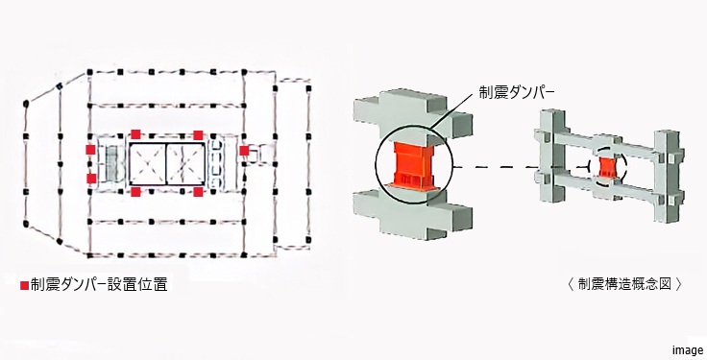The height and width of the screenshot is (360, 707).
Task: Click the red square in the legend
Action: pos(24,285)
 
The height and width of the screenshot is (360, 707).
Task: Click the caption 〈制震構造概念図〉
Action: pos(624,284)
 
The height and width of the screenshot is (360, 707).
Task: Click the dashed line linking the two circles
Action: pos(519,167)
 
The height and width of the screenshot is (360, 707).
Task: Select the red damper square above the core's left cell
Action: pos(137,134)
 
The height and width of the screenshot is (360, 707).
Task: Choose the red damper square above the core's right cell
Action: pos(198,134)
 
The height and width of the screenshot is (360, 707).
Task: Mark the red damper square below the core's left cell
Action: pos(137,192)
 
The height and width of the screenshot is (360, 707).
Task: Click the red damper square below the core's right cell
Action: pos(198,192)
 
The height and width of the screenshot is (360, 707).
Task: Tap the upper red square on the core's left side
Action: pos(90,150)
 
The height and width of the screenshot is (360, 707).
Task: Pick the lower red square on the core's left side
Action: pos(90,179)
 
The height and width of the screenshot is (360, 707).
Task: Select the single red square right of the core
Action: pos(244,151)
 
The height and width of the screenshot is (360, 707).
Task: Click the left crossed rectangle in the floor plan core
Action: pos(146,163)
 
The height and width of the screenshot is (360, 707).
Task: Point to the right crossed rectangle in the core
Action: pos(185,163)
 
